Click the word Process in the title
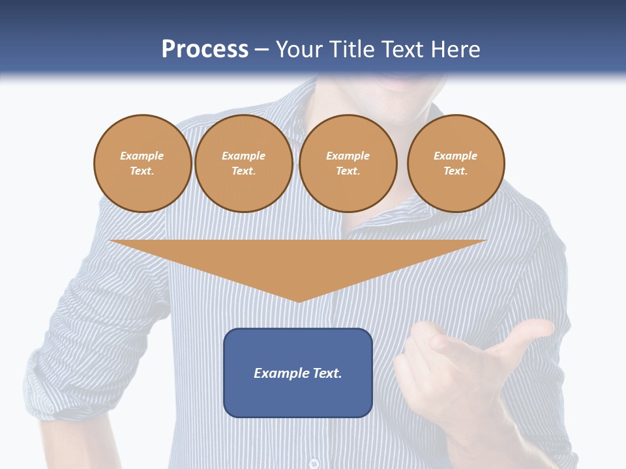(205, 50)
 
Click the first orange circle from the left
(143, 163)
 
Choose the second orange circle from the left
(244, 163)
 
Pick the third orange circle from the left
(348, 163)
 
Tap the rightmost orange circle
(456, 163)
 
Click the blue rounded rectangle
(298, 397)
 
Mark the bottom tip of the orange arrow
(299, 300)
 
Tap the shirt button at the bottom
(314, 463)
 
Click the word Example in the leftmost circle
(142, 156)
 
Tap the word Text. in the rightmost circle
(456, 171)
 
